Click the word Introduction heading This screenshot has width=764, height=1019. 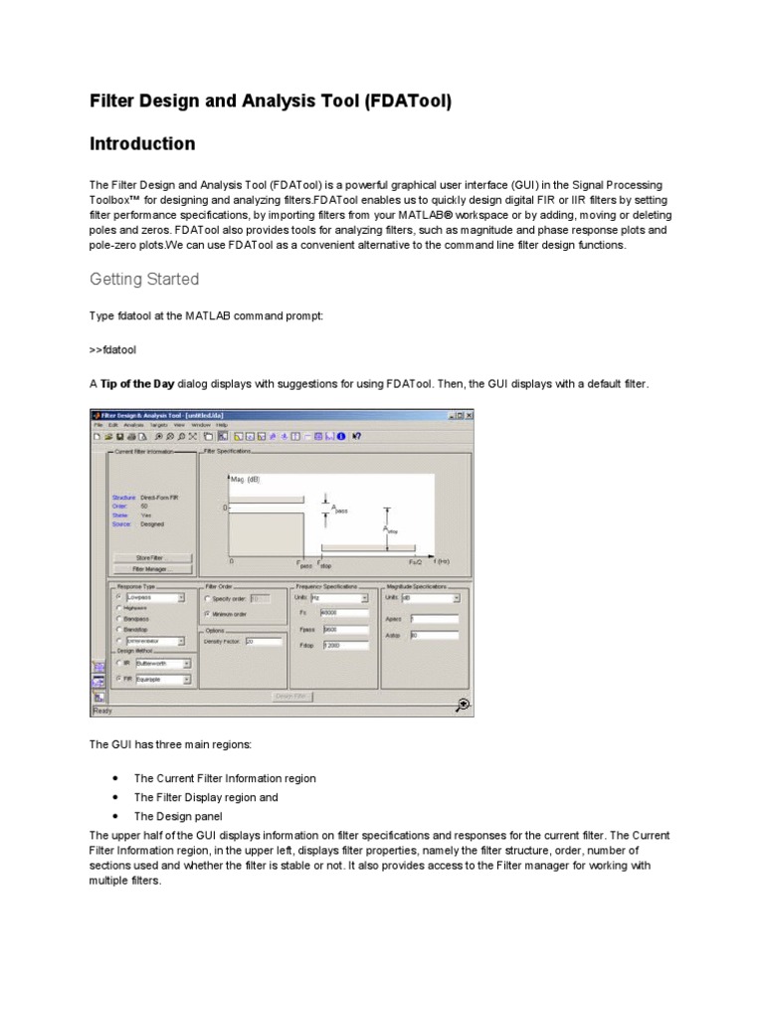142,144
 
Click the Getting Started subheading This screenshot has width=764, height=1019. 144,280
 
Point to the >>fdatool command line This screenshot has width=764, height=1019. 112,351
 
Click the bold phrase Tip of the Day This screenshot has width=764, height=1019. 139,384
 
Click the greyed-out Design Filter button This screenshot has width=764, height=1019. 291,696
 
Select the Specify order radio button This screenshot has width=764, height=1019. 207,599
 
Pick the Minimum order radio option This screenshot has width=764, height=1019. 207,615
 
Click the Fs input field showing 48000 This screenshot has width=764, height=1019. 344,614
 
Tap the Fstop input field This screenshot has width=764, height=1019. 344,646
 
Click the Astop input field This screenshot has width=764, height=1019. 434,635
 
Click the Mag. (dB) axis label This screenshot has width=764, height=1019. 245,479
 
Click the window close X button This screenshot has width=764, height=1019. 469,415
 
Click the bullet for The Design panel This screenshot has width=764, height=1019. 117,816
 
